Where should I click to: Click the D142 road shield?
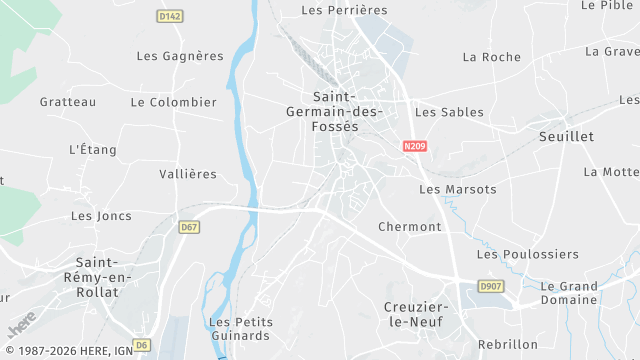click(170, 16)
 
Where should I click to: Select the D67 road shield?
click(190, 228)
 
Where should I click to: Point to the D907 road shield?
click(491, 286)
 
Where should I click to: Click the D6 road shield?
click(142, 345)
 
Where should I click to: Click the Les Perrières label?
click(344, 10)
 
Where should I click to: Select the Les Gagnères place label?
click(180, 56)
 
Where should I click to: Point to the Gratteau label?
click(68, 102)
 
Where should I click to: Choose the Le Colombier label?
click(174, 102)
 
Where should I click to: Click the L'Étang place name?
click(93, 150)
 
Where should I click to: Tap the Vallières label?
click(188, 174)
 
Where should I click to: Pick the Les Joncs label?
click(101, 216)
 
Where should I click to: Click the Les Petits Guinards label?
click(239, 328)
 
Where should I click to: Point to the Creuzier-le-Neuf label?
click(416, 314)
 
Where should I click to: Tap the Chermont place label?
click(410, 227)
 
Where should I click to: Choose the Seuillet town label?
click(566, 136)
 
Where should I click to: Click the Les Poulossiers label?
click(514, 255)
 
